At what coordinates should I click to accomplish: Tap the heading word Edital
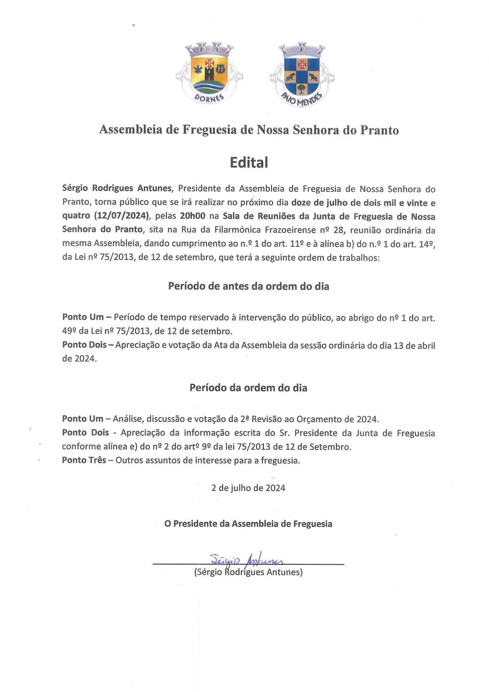[x=249, y=162]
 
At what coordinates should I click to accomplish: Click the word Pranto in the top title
[x=379, y=130]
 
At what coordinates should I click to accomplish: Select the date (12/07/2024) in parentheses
[x=122, y=216]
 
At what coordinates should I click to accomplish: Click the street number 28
[x=338, y=230]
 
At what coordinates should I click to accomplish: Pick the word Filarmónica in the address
[x=239, y=230]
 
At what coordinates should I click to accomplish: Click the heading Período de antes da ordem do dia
[x=249, y=286]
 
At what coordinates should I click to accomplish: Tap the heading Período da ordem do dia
[x=248, y=388]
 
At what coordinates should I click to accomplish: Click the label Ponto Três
[x=84, y=460]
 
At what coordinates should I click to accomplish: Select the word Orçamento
[x=319, y=419]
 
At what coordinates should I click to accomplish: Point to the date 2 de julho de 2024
[x=248, y=488]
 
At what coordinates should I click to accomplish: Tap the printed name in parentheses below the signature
[x=248, y=572]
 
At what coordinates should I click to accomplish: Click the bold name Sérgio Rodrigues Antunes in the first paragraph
[x=117, y=188]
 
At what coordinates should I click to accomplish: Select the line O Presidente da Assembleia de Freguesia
[x=248, y=524]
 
